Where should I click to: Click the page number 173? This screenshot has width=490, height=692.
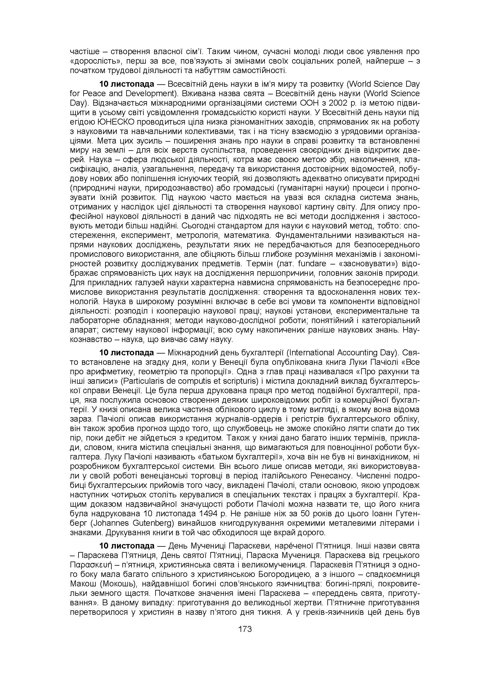coord(245,629)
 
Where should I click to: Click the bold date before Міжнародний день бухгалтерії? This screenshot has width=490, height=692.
coord(127,353)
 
